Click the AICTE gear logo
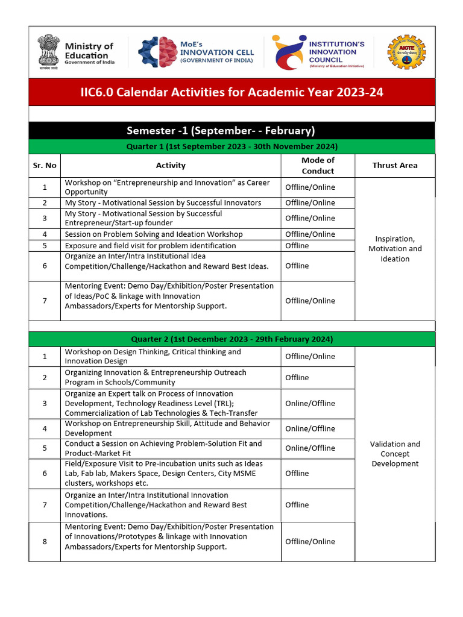406,52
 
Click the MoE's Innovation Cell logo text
217,52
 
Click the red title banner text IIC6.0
231,92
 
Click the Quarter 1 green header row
231,146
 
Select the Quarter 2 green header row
231,339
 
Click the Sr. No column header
45,165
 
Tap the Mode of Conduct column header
318,165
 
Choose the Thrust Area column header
395,165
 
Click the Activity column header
171,165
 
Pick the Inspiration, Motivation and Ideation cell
395,249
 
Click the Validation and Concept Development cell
395,454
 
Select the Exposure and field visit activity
151,246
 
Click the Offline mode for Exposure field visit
297,246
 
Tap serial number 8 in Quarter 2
45,542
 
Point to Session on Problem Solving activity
154,234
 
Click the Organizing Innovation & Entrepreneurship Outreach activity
156,377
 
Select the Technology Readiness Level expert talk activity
161,403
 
